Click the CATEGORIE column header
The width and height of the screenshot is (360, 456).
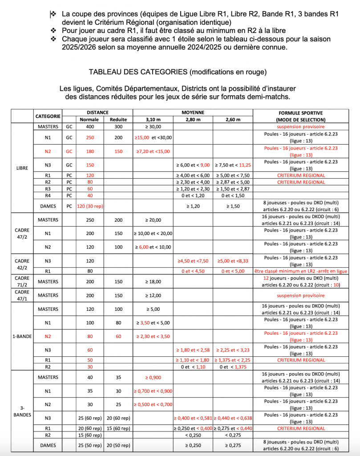coord(48,116)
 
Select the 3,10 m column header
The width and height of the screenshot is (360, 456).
coord(153,120)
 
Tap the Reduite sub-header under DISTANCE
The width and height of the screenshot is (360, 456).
coord(118,120)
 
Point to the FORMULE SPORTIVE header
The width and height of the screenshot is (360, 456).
coord(301,113)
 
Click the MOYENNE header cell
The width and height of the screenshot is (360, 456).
coord(193,113)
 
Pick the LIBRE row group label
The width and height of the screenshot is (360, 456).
coord(22,168)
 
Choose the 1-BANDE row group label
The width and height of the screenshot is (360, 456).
coord(22,337)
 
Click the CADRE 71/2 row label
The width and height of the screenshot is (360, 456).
coord(22,281)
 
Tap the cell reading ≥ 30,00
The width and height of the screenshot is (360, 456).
coord(153,127)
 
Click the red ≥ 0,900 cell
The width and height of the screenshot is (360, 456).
coord(153,378)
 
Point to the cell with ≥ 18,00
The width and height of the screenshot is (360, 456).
coord(153,281)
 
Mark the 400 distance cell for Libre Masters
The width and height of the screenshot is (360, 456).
coord(89,127)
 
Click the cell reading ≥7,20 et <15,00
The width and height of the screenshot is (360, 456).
coord(153,151)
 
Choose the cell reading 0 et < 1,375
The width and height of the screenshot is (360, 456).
coord(233,366)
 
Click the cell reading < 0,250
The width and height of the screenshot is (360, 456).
coord(193,435)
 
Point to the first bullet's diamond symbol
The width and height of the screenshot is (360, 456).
coord(53,14)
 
